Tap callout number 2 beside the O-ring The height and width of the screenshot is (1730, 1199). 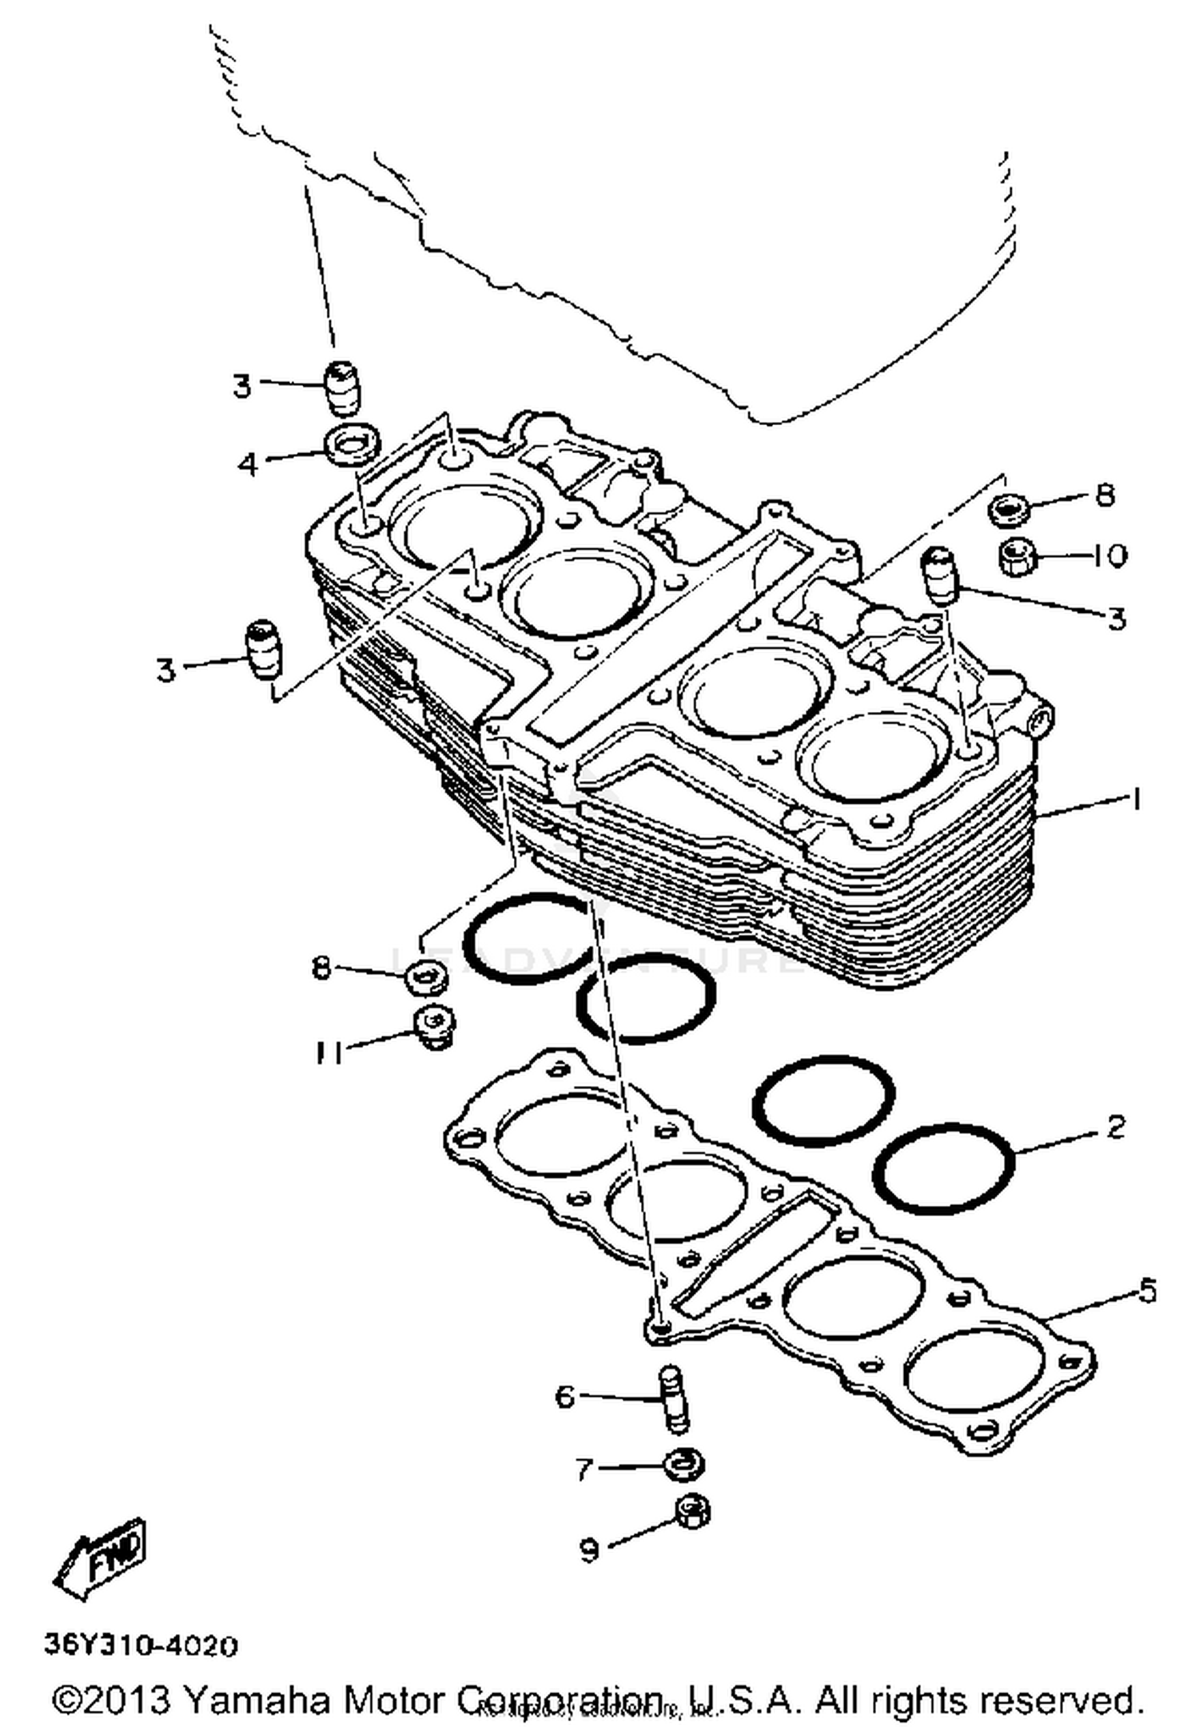click(x=1116, y=1127)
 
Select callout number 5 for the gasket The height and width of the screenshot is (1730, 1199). click(x=1147, y=1291)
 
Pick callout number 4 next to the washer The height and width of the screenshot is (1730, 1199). click(x=249, y=463)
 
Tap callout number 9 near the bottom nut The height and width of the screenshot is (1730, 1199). click(x=589, y=1550)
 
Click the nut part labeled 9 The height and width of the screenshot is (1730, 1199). click(x=692, y=1511)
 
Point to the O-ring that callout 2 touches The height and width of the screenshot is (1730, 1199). click(x=945, y=1167)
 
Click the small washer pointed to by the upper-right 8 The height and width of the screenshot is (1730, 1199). click(x=1009, y=509)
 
